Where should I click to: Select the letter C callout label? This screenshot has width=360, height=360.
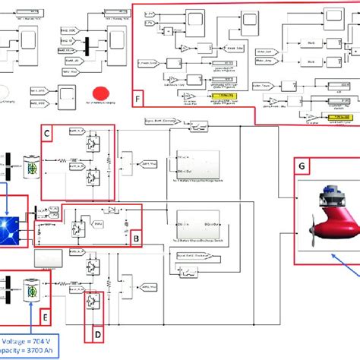[x=47, y=134]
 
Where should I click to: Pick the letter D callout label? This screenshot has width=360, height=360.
[x=97, y=331]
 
